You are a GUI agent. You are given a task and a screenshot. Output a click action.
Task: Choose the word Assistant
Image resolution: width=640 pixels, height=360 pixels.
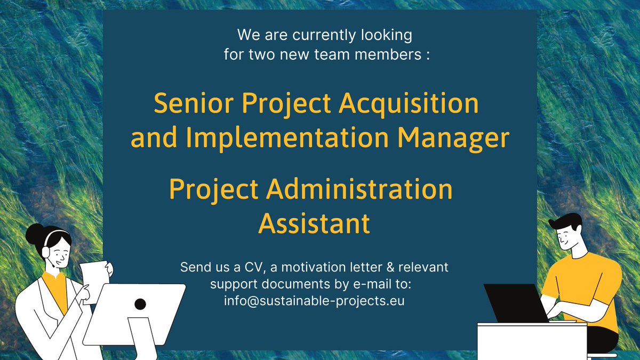click(x=314, y=223)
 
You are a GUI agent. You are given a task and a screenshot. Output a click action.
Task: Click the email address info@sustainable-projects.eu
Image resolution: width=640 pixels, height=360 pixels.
click(x=314, y=300)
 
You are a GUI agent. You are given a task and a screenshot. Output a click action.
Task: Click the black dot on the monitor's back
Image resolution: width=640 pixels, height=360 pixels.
click(x=140, y=305)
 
